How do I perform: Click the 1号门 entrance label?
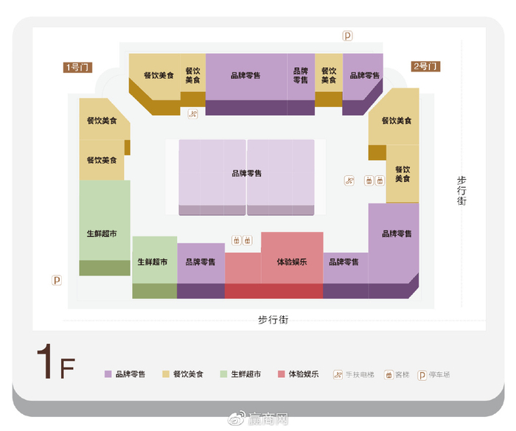(x=77, y=68)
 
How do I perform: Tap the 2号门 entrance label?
(x=426, y=67)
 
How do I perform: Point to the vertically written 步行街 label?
(x=462, y=190)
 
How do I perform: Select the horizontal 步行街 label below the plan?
(x=272, y=319)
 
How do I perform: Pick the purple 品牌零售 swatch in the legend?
(x=108, y=374)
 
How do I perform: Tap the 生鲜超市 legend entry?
(x=240, y=374)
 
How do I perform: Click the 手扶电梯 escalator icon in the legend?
(x=338, y=374)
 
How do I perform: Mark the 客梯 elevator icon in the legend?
(x=388, y=374)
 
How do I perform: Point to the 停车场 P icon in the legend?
(x=422, y=374)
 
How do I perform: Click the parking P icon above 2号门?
(x=348, y=35)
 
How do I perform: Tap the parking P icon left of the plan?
(x=57, y=280)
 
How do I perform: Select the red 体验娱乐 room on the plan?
(x=292, y=262)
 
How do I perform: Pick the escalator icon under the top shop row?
(x=193, y=113)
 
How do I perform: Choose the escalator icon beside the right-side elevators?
(x=349, y=181)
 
